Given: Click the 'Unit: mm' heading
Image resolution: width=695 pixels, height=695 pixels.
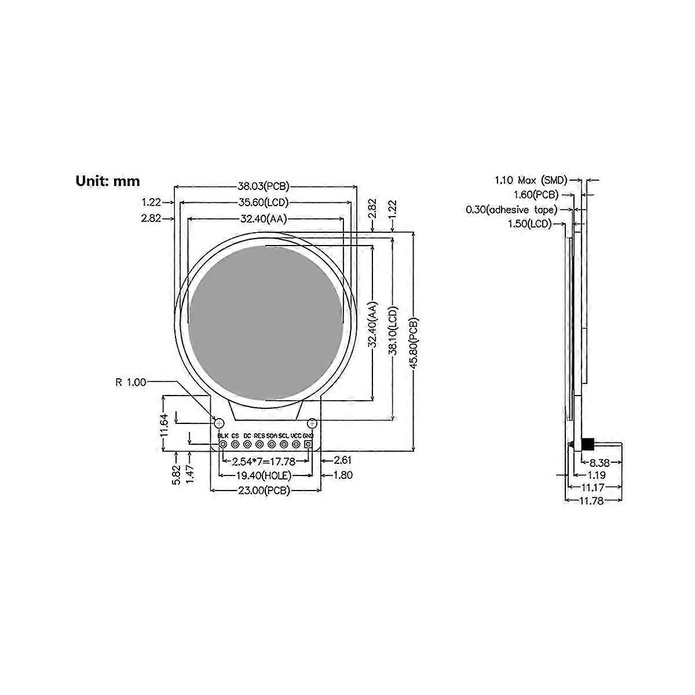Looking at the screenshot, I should tap(108, 181).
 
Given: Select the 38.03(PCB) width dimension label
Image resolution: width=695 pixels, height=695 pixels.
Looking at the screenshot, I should tap(264, 186).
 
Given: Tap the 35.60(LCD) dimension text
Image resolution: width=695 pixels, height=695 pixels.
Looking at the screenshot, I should tap(264, 203).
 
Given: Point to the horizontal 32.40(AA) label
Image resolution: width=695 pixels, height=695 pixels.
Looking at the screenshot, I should tap(264, 219).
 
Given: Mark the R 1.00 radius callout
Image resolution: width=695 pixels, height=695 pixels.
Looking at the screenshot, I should tap(130, 382).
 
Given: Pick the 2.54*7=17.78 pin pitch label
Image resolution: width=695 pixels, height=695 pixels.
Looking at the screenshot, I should tap(264, 462).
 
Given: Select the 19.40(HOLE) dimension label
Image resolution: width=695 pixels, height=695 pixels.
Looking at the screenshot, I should tap(264, 475).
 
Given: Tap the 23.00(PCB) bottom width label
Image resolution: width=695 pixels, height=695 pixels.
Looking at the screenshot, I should tap(264, 491).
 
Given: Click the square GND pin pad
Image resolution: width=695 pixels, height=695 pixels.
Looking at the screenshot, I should tap(308, 444).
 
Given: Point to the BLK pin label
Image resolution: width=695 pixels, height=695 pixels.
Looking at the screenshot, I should tap(222, 435).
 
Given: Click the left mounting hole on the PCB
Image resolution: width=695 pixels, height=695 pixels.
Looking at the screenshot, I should tap(219, 421).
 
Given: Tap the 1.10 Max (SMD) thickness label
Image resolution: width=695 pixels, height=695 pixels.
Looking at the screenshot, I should tap(531, 180).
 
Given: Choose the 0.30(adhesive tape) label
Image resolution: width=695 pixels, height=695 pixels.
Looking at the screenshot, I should tap(511, 209).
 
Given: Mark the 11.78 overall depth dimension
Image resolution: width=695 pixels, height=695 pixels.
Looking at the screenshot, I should tap(592, 501).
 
